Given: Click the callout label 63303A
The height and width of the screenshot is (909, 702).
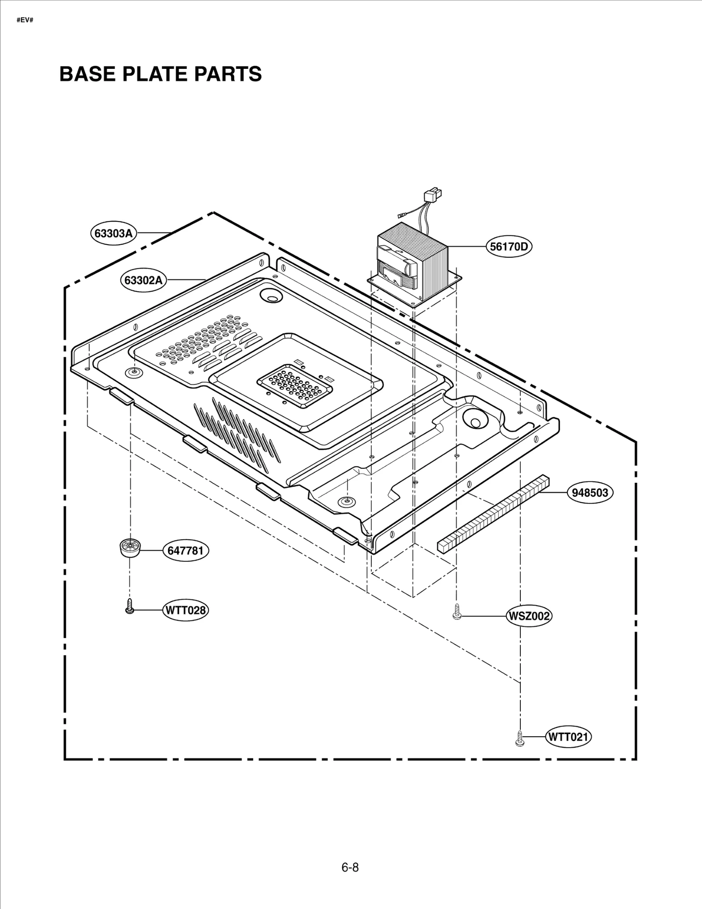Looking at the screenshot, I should (x=114, y=233).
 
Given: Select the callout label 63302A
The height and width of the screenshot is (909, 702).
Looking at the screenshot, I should (x=143, y=280).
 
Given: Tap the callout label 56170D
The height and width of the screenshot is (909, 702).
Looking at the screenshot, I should (x=509, y=246).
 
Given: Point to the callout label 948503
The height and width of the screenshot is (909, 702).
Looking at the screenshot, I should (x=590, y=492).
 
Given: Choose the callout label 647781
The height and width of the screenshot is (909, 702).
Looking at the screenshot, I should (x=186, y=550).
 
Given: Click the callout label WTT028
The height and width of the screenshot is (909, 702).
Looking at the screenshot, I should (x=185, y=610).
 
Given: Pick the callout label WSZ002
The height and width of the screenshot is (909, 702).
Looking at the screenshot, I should (x=529, y=616).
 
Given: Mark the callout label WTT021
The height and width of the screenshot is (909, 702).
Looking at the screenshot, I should (x=568, y=737).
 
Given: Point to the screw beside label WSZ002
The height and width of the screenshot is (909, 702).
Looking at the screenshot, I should (x=457, y=612).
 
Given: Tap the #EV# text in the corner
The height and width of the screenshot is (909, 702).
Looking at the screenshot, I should (x=25, y=20).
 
